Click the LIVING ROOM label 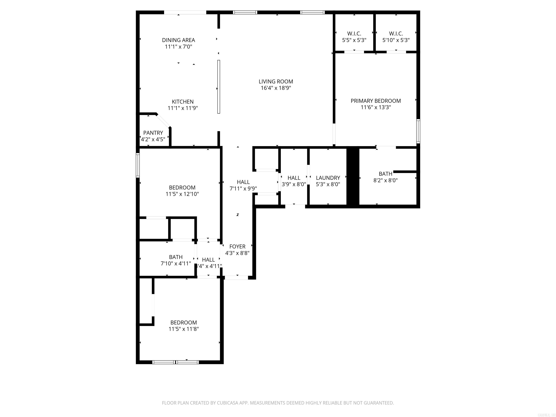pos(276,81)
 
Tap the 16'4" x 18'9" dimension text pos(276,88)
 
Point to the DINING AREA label pos(178,40)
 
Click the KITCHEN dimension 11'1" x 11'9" pos(183,108)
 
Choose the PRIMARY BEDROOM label pos(376,101)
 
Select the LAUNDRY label pos(328,178)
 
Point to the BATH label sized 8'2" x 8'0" pos(385,174)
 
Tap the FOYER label pos(237,247)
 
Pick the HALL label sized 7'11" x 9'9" pos(243,182)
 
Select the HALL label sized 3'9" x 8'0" pos(294,178)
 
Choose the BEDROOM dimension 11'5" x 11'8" pos(184,329)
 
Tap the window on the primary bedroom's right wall pos(418,131)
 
